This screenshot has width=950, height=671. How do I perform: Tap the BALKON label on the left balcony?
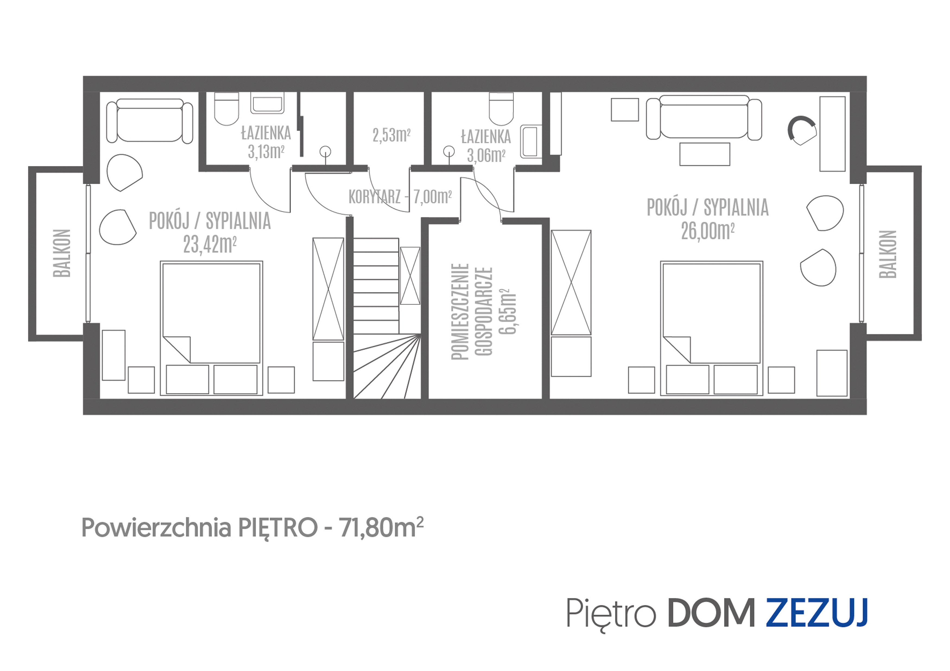coord(62,253)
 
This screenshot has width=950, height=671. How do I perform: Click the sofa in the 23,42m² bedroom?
coord(150,121)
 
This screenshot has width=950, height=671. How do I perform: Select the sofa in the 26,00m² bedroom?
coord(704,117)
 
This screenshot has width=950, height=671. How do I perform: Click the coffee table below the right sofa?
coord(705,154)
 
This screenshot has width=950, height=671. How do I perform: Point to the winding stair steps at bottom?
coord(387,368)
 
